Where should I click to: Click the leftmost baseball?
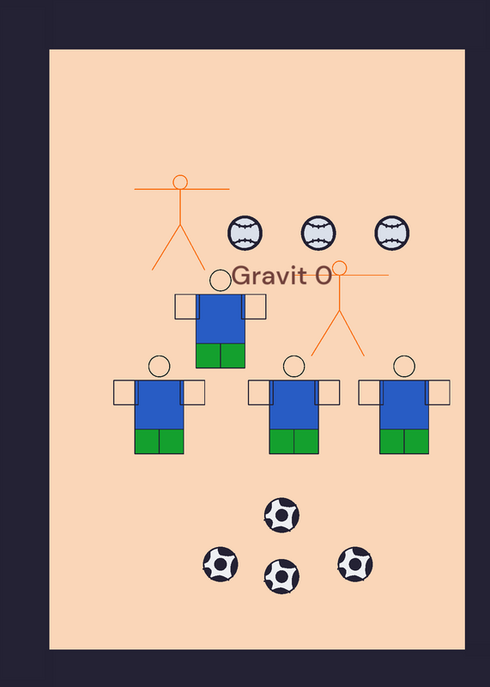pos(245,233)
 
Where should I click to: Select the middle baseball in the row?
pos(318,233)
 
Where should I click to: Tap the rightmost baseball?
pos(392,233)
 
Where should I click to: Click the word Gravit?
pos(269,276)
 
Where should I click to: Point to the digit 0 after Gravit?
pos(324,276)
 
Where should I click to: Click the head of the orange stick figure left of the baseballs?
pos(180,182)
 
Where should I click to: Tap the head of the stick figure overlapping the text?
pos(339,268)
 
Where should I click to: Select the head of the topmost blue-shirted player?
pos(221,281)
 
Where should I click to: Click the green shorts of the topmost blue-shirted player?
pos(221,356)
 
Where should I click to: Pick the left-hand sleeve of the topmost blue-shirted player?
pos(187,307)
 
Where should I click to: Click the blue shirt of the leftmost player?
pos(159,404)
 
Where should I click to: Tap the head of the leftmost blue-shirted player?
pos(159,367)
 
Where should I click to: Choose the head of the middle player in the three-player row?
pos(293,367)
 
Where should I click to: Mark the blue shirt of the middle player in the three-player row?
pos(293,404)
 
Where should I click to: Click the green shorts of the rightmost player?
pos(404,441)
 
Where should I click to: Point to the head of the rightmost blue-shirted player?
pos(404,367)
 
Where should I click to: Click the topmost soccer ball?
pos(281,515)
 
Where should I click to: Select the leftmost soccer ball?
pos(221,564)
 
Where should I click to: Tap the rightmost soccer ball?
pos(355,564)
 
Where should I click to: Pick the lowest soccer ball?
pos(281,576)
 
